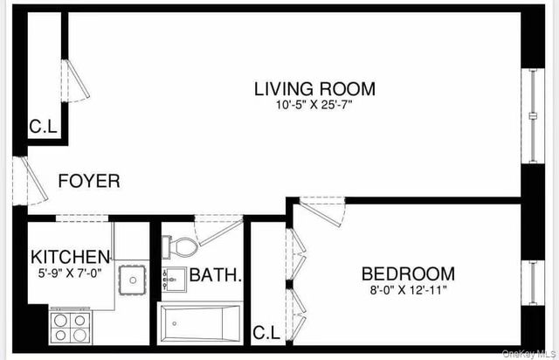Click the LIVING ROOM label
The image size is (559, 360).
click(x=314, y=88)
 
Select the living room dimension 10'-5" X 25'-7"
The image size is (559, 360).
click(x=314, y=106)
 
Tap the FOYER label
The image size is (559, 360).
click(x=89, y=182)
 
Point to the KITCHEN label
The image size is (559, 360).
click(x=71, y=257)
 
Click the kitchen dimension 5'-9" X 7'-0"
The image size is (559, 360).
click(x=71, y=273)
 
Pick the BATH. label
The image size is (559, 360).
click(x=216, y=275)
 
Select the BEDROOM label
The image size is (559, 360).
click(x=408, y=273)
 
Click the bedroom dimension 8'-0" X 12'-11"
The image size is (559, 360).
click(x=408, y=290)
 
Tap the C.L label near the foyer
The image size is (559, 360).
click(x=43, y=128)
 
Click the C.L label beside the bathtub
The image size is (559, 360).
click(x=266, y=332)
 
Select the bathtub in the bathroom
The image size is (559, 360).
click(x=200, y=324)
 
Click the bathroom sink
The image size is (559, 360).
click(x=174, y=280)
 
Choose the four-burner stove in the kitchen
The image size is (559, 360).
click(x=70, y=326)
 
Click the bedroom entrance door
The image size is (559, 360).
click(x=321, y=211)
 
